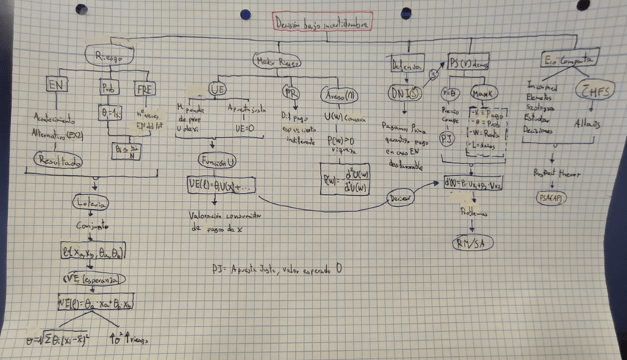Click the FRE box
pos(145,89)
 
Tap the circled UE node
pos(217,89)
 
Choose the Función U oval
pos(217,160)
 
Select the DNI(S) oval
pos(404,93)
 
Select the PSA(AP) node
pos(552,197)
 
